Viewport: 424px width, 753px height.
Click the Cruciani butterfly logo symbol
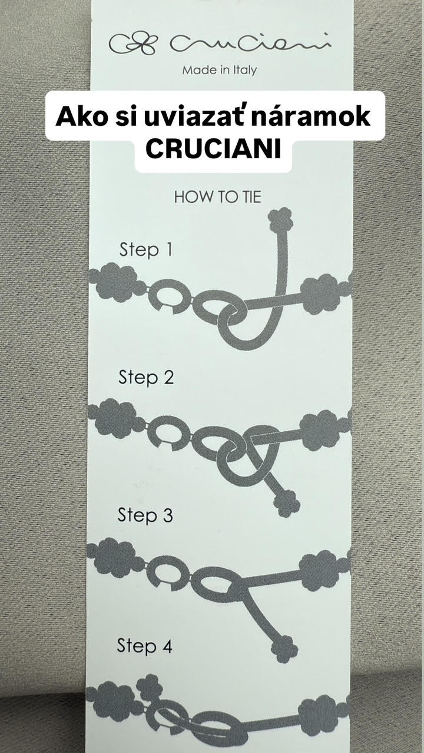point(133,44)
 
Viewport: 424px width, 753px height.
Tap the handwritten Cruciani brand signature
point(250,43)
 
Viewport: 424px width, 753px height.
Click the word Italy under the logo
point(246,70)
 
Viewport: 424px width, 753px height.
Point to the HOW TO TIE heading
point(218,197)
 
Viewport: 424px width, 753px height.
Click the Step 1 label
point(145,249)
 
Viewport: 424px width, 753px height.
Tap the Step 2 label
point(145,377)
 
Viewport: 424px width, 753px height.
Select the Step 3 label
point(145,515)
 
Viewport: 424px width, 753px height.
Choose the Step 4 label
point(144,646)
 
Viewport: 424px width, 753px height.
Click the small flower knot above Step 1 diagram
point(281,219)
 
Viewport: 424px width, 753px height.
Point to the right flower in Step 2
point(320,430)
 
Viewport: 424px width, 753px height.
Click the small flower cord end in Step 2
point(287,504)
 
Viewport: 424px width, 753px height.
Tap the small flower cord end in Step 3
point(284,649)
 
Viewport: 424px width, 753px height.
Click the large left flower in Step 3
point(115,558)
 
